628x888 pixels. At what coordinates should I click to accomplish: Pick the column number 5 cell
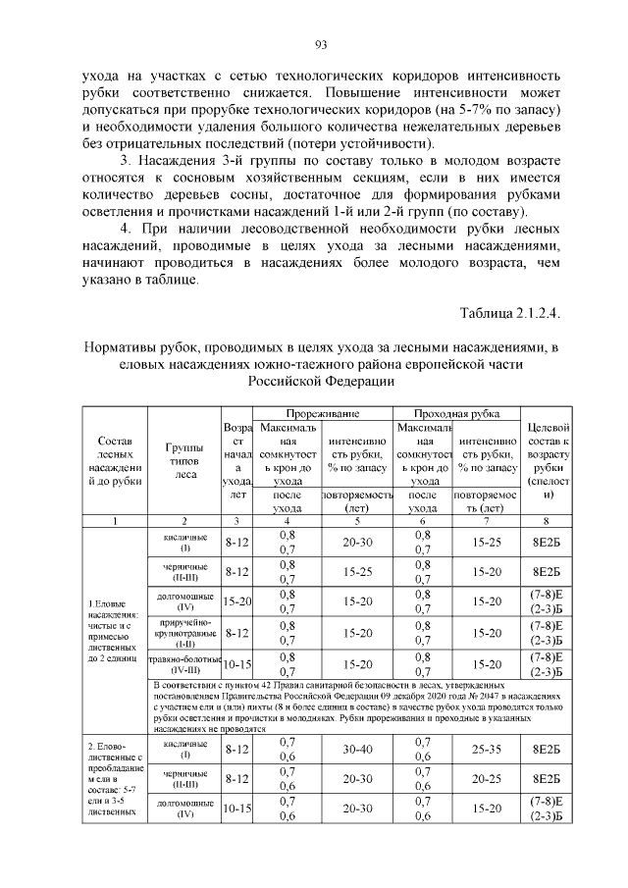(x=356, y=521)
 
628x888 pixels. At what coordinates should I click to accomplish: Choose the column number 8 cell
(x=550, y=521)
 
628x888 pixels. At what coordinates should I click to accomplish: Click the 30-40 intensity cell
(x=356, y=750)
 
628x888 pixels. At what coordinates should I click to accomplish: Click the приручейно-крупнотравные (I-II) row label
(x=185, y=634)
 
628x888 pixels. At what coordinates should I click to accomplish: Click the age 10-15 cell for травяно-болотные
(x=237, y=664)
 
